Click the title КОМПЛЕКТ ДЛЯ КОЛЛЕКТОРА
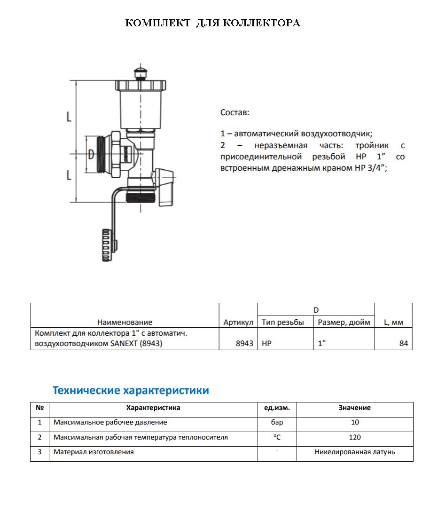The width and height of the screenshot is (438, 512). click(212, 23)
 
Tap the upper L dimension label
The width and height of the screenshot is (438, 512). click(69, 117)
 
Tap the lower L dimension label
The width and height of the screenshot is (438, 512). click(69, 175)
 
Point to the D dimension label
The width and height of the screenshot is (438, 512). click(91, 154)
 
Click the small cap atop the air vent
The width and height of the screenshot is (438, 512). click(140, 73)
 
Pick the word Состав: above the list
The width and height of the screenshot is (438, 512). click(235, 113)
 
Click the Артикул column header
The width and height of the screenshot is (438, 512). click(238, 322)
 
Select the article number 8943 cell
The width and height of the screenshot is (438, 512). click(244, 344)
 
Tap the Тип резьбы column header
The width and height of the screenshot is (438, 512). click(283, 322)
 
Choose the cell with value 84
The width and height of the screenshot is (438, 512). click(403, 344)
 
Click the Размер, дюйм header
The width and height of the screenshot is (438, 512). click(344, 322)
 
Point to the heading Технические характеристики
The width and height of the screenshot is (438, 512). click(131, 390)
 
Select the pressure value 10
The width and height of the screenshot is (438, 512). click(355, 422)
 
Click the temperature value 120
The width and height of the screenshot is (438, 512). click(355, 437)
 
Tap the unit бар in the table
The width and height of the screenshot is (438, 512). click(277, 422)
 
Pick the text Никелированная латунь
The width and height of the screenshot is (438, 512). click(355, 452)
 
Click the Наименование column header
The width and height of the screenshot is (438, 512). click(125, 322)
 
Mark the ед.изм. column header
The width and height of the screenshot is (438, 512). click(277, 408)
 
